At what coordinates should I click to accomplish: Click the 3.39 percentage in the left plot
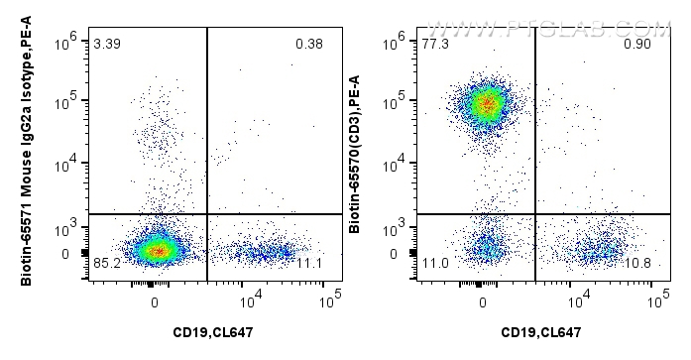tap(106, 44)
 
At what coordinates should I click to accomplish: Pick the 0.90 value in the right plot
tap(636, 44)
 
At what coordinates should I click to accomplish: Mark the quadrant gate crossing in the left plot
tap(206, 213)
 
